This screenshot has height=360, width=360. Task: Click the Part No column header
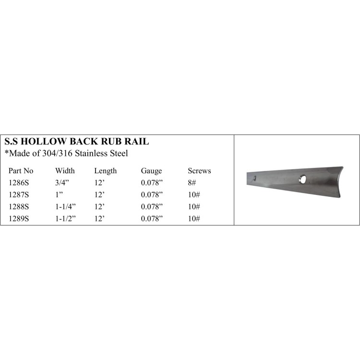tap(21, 171)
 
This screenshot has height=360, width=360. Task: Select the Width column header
tap(65, 171)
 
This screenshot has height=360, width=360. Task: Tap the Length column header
tap(105, 171)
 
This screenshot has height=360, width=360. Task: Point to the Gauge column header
tap(151, 171)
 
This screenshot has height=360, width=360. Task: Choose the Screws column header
tap(199, 171)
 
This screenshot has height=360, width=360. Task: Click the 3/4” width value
tap(62, 183)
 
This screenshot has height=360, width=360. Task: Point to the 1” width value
tap(59, 194)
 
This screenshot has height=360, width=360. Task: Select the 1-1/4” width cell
tap(66, 206)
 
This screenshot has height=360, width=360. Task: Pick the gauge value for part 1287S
tap(152, 194)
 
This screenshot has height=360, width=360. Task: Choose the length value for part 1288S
tap(99, 206)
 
